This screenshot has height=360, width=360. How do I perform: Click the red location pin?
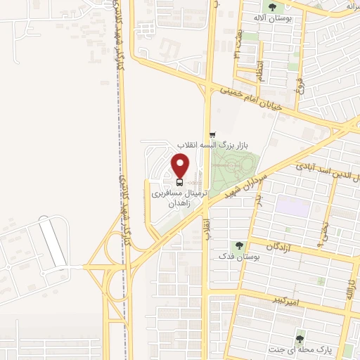181,165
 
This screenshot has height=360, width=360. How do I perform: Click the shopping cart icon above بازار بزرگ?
212,134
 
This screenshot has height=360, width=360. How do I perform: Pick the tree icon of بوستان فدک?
239,246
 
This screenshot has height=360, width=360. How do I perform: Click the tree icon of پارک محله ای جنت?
301,337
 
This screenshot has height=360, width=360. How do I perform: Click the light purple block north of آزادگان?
290,205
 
